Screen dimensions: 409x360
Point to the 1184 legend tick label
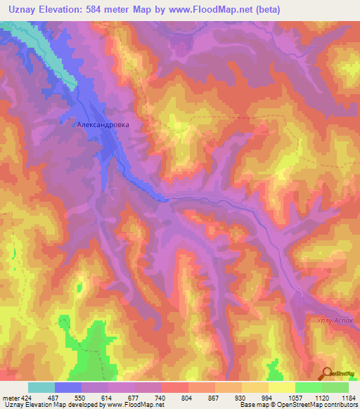click(x=348, y=397)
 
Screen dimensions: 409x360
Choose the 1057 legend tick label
click(x=295, y=397)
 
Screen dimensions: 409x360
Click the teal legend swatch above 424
click(x=41, y=387)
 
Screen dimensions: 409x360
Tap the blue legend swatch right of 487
click(x=68, y=387)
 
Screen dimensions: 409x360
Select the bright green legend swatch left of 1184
click(x=335, y=387)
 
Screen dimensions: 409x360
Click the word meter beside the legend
click(x=10, y=397)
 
